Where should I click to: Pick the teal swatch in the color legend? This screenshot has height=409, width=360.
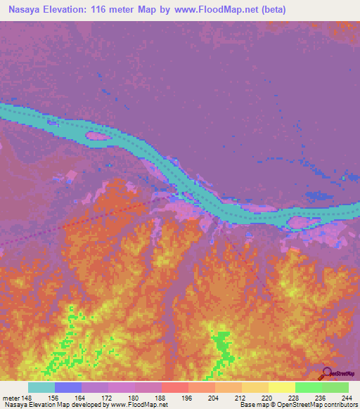[41, 387]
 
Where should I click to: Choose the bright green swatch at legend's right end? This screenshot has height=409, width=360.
[335, 387]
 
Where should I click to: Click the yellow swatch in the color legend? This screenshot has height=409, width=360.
[281, 387]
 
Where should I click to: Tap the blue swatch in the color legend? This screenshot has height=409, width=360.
[68, 387]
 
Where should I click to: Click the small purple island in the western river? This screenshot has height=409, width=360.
[96, 136]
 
